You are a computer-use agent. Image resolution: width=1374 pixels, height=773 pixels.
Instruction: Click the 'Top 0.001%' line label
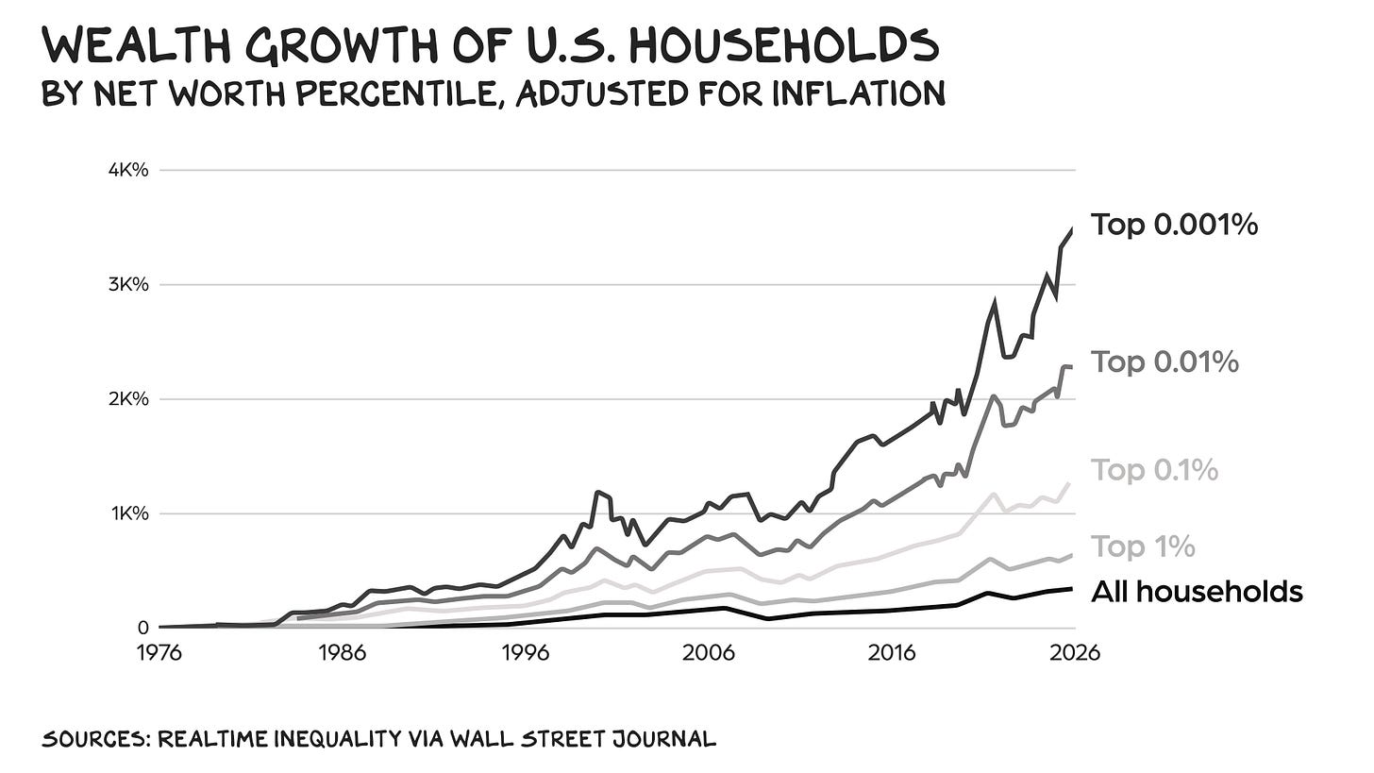click(1174, 225)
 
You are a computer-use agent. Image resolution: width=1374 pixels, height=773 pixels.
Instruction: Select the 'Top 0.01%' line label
click(1165, 362)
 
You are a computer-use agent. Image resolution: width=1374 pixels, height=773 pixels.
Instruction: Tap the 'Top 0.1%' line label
click(1154, 471)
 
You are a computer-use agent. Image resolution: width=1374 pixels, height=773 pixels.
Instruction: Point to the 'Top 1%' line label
click(1143, 546)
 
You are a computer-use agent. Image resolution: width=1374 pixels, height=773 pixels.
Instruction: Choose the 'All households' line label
click(1197, 592)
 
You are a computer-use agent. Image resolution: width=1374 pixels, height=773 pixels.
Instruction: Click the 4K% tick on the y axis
click(128, 170)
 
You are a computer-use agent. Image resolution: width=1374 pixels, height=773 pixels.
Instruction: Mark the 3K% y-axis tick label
click(128, 285)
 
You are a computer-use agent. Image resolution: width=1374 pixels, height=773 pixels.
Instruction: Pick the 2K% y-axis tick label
click(128, 399)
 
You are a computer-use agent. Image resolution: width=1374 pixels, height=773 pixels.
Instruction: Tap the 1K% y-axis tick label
click(129, 513)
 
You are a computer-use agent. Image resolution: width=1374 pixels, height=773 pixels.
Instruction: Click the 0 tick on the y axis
click(142, 628)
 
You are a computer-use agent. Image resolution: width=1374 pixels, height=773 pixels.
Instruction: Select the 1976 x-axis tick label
click(159, 653)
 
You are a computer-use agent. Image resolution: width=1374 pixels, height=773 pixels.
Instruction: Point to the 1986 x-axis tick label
click(343, 653)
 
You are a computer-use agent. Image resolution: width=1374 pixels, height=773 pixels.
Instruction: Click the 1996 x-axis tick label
click(526, 653)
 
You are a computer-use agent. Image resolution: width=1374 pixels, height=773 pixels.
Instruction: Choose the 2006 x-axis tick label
click(709, 653)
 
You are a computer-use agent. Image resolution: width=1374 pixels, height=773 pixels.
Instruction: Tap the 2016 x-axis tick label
click(891, 653)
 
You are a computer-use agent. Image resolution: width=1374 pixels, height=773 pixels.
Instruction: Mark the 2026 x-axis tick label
click(1075, 653)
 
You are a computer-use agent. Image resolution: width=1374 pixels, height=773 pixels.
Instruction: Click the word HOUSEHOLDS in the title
click(778, 44)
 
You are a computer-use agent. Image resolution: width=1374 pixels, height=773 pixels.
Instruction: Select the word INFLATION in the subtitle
click(859, 93)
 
